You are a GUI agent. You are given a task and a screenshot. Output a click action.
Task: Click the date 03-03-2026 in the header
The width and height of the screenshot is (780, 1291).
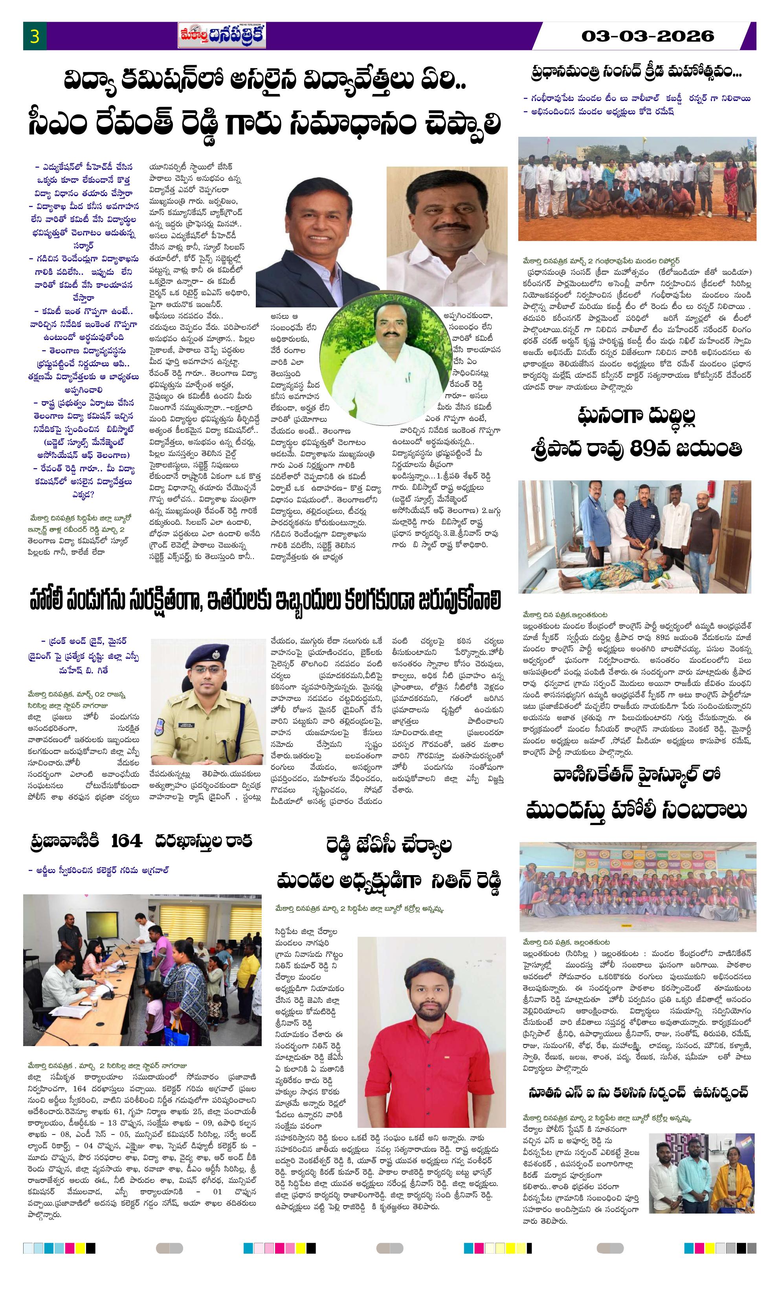pos(648,36)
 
